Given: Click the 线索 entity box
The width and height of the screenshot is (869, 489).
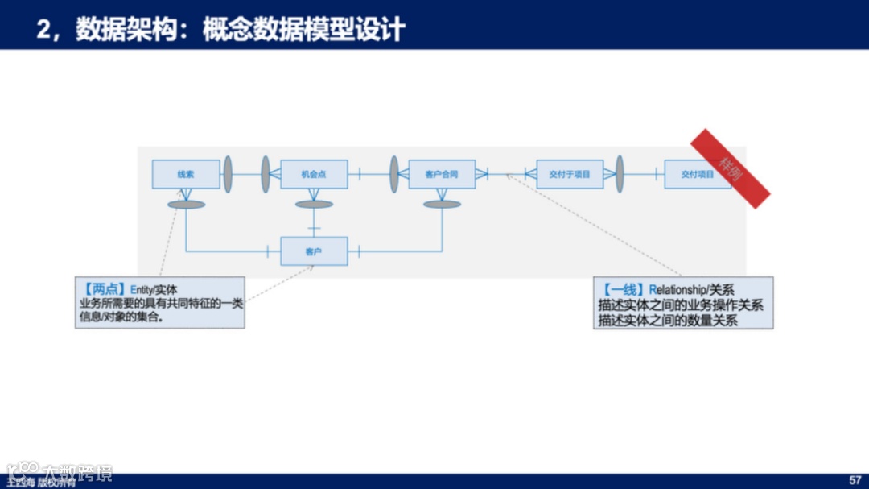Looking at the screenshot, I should click(186, 174).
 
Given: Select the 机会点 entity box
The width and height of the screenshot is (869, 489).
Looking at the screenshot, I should click(314, 174).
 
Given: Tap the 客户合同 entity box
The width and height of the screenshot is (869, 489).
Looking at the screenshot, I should click(442, 174).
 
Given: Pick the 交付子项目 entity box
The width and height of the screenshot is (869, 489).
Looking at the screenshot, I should click(570, 174).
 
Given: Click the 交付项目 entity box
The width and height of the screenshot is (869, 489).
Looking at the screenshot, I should click(697, 174).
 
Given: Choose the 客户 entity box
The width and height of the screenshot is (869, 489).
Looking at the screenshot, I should click(314, 251).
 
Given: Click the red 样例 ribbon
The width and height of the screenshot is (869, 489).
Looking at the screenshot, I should click(731, 168).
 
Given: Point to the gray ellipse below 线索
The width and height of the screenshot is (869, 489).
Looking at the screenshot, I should click(186, 205).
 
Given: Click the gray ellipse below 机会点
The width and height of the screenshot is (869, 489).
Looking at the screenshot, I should click(314, 205).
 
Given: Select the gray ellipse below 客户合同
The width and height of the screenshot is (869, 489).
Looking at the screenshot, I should click(442, 205).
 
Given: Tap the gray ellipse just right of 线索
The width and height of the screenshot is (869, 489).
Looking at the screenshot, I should click(228, 174).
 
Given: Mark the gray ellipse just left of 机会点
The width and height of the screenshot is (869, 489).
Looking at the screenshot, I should click(266, 174).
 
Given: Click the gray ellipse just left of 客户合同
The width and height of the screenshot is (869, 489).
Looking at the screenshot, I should click(394, 174).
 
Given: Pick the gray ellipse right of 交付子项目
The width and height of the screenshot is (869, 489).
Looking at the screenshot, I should click(620, 174).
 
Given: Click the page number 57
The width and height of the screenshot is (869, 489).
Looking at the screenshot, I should click(855, 480).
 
